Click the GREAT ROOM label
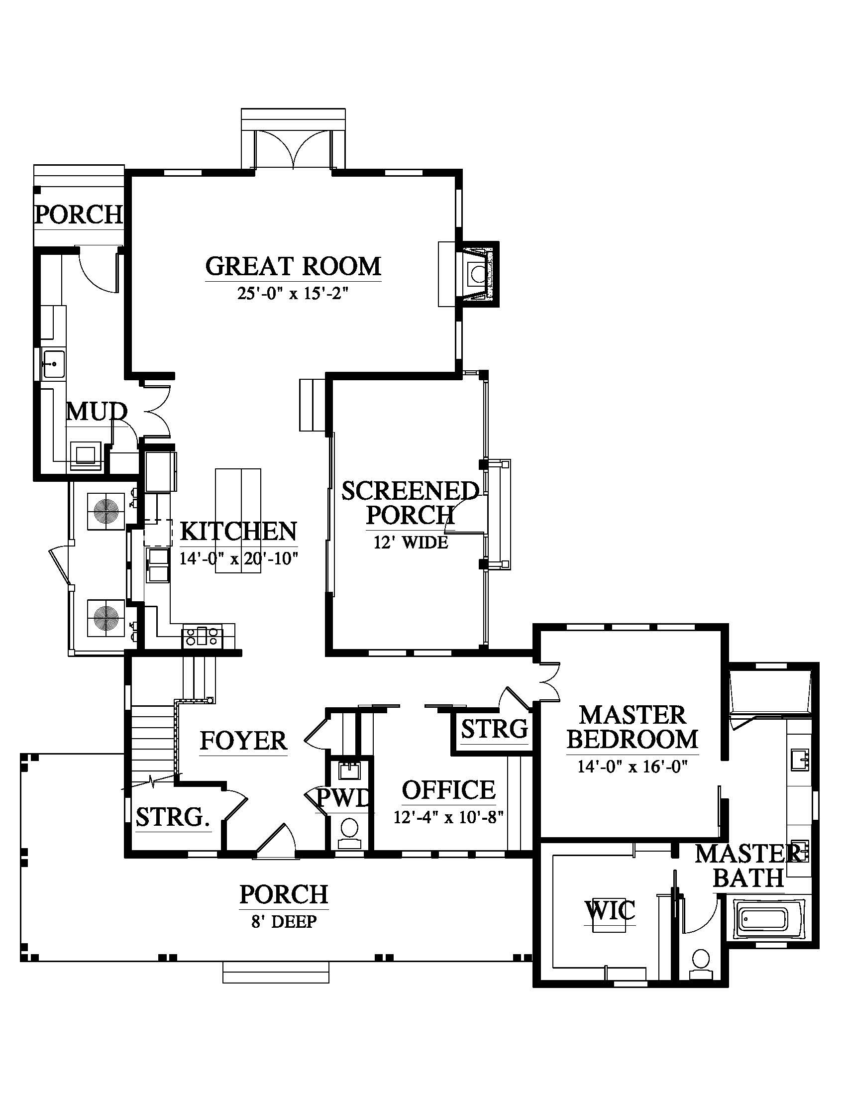point(293,266)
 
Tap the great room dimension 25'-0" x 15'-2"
point(293,293)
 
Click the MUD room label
point(97,412)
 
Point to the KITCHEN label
point(238,532)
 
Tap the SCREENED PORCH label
point(410,502)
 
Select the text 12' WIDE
point(411,542)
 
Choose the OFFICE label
point(448,790)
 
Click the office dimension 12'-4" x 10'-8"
point(448,818)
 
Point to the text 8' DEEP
point(284,921)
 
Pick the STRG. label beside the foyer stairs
point(173,818)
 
